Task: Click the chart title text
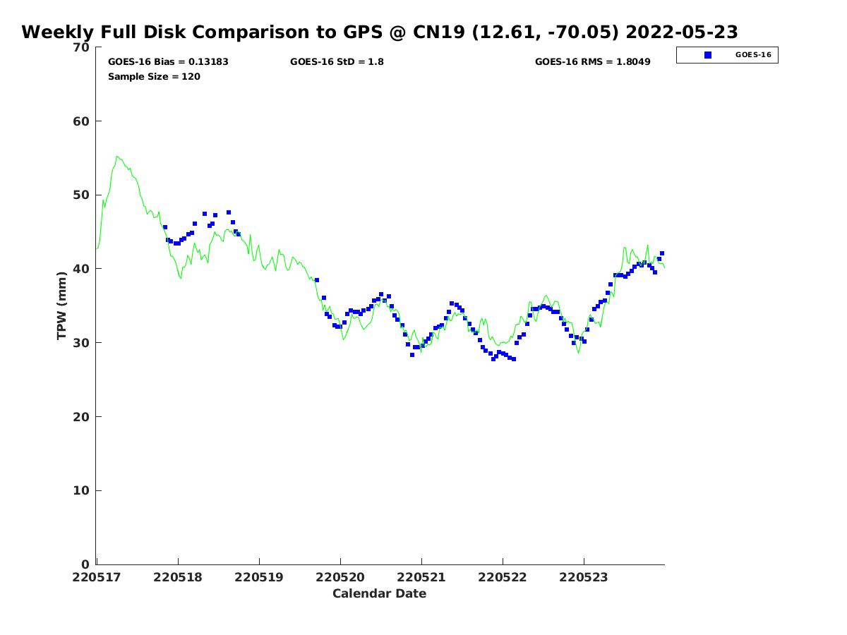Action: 380,32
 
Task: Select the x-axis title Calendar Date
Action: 380,593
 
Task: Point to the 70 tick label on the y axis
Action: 82,47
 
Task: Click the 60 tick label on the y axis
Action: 82,121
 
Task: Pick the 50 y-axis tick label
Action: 82,195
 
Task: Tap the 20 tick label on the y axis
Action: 82,417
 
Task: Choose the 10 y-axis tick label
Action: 82,491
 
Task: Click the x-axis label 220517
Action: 97,577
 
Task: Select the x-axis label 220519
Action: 259,577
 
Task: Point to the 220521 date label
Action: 421,577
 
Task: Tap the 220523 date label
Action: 584,577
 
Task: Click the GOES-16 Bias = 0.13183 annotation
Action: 168,62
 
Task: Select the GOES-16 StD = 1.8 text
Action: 337,62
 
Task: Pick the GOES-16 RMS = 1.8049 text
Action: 593,62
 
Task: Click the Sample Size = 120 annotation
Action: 154,76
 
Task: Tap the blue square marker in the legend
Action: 708,55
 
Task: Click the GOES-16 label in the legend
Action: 753,55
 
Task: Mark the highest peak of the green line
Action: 117,157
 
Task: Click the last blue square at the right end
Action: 662,253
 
